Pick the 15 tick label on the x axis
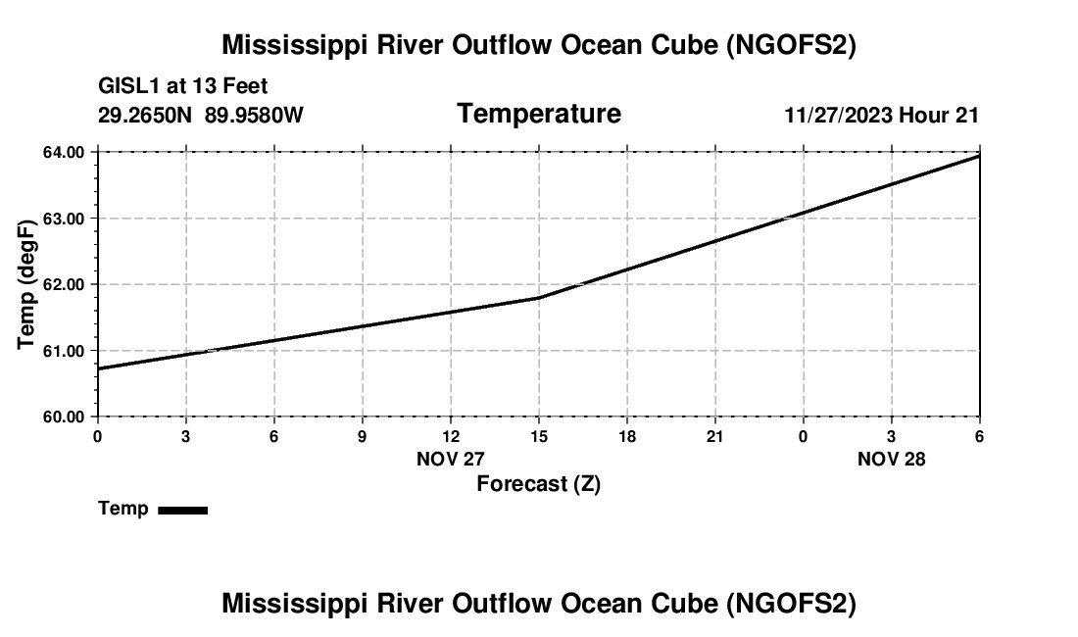pyautogui.click(x=538, y=435)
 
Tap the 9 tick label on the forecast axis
pyautogui.click(x=362, y=435)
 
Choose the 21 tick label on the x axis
pyautogui.click(x=714, y=435)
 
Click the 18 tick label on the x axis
pyautogui.click(x=626, y=435)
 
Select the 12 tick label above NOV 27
pyautogui.click(x=450, y=435)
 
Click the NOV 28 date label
pyautogui.click(x=891, y=459)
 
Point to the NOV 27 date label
pyautogui.click(x=450, y=459)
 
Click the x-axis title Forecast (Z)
pyautogui.click(x=538, y=484)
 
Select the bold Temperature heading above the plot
pyautogui.click(x=539, y=114)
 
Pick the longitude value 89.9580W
pyautogui.click(x=254, y=116)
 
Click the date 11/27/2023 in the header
pyautogui.click(x=838, y=116)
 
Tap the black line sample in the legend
pyautogui.click(x=182, y=510)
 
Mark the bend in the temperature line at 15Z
pyautogui.click(x=538, y=297)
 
